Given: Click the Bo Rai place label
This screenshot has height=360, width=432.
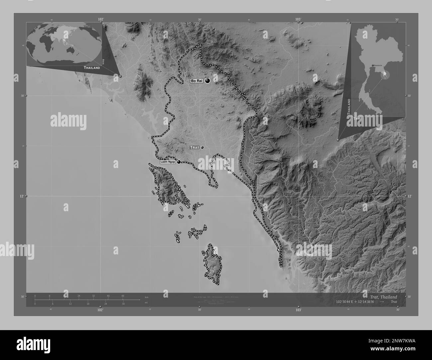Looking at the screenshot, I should point(196,81).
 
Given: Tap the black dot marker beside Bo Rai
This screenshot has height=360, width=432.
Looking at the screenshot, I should point(208,80).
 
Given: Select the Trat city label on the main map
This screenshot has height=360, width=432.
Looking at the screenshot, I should point(194,147).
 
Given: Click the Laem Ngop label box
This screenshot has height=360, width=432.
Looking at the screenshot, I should point(167,162).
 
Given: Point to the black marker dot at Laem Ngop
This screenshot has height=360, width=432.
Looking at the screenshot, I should point(179,162).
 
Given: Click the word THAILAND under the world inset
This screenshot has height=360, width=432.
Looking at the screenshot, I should point(92,68).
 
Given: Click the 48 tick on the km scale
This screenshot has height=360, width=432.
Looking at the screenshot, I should point(123,296).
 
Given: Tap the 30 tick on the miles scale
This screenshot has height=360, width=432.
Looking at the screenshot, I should point(123,304).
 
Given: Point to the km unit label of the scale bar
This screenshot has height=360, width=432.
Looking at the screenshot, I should point(147,297).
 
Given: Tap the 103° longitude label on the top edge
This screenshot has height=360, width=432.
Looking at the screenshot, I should point(298,20).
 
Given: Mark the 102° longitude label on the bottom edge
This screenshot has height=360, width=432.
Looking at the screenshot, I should point(100,310).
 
